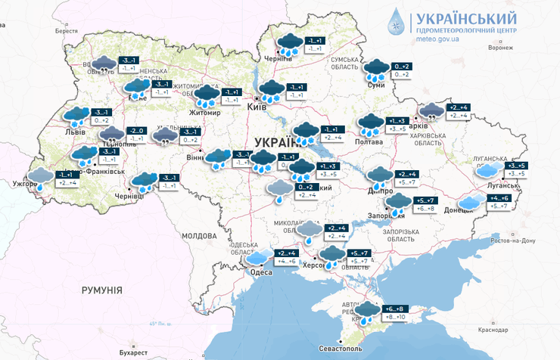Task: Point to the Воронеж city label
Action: [500, 48]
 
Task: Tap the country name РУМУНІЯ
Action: [102, 290]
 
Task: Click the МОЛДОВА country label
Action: [200, 236]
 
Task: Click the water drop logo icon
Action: [397, 23]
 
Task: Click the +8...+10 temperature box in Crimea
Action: [397, 318]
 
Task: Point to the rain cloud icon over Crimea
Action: [368, 312]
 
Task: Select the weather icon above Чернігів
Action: [289, 42]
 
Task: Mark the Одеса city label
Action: [261, 272]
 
